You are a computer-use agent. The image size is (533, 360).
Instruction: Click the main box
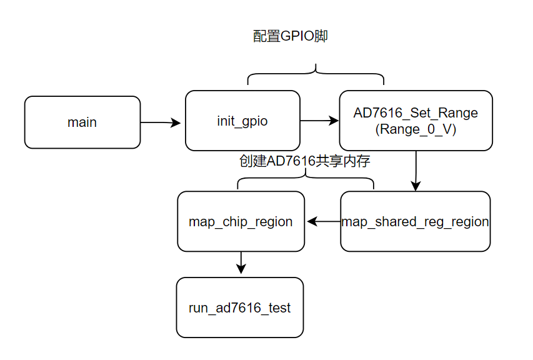[x=82, y=122]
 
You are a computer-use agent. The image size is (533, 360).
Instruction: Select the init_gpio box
[x=242, y=121]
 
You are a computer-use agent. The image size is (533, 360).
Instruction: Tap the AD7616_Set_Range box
[x=416, y=121]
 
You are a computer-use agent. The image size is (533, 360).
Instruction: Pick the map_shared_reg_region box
[x=416, y=222]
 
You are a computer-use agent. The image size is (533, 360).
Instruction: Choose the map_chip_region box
[x=241, y=222]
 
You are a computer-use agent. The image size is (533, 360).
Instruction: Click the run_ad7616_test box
[x=239, y=308]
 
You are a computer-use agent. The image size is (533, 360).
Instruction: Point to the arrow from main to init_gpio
[x=161, y=122]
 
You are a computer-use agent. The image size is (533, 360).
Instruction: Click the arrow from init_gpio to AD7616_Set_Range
[x=319, y=121]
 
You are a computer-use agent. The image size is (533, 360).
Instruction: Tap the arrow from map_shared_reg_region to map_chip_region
[x=323, y=221]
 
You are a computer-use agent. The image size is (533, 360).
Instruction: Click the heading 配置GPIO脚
[x=290, y=36]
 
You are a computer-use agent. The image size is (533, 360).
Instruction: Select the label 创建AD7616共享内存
[x=305, y=161]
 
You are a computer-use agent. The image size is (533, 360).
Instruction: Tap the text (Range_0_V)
[x=416, y=129]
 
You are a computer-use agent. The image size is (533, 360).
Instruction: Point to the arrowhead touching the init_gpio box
[x=177, y=123]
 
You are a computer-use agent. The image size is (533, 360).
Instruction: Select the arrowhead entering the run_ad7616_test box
[x=241, y=270]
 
